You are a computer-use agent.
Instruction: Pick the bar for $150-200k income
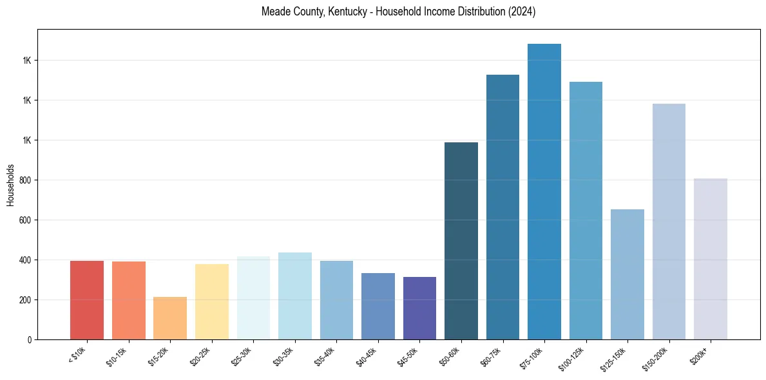coord(669,222)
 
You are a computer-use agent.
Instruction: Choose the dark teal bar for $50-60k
coord(461,241)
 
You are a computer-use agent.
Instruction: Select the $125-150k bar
coord(627,274)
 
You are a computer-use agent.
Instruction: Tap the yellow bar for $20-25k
coord(211,301)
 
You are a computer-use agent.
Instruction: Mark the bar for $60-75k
coord(503,207)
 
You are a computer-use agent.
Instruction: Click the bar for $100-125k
coord(586,211)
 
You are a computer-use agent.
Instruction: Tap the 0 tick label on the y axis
coord(29,339)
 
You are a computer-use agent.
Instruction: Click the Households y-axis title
coord(10,184)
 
